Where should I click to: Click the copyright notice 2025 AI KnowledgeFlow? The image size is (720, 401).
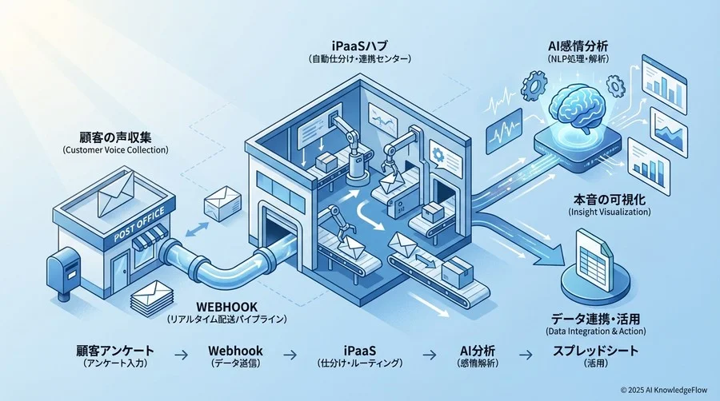tap(665, 389)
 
